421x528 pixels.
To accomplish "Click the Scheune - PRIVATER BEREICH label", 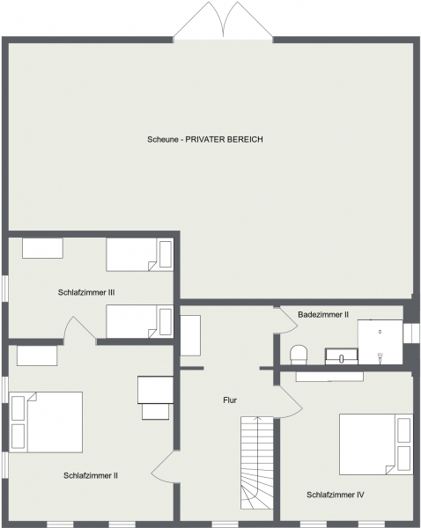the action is pyautogui.click(x=205, y=139).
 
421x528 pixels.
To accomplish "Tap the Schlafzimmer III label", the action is pyautogui.click(x=86, y=292).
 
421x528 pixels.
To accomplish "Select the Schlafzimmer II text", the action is pyautogui.click(x=91, y=475).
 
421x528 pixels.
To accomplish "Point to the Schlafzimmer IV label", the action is pyautogui.click(x=336, y=495).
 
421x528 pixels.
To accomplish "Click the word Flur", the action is pyautogui.click(x=230, y=400).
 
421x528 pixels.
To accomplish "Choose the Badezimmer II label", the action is pyautogui.click(x=323, y=314).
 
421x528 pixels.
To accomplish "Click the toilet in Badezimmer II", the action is pyautogui.click(x=299, y=355).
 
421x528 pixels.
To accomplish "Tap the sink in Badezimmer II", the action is pyautogui.click(x=341, y=356).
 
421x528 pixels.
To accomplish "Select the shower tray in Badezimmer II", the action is pyautogui.click(x=380, y=341).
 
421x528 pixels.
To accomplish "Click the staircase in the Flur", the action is pyautogui.click(x=257, y=463).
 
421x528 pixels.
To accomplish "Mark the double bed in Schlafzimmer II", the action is pyautogui.click(x=46, y=422).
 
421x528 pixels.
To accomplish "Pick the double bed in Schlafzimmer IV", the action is pyautogui.click(x=376, y=444).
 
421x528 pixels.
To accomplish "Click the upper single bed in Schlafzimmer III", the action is pyautogui.click(x=140, y=254).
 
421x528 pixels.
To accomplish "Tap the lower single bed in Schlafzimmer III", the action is pyautogui.click(x=140, y=321).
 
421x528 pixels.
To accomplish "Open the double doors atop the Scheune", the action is pyautogui.click(x=223, y=20).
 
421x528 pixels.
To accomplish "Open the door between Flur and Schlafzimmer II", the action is pyautogui.click(x=164, y=466).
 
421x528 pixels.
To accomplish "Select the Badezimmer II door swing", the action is pyautogui.click(x=286, y=320).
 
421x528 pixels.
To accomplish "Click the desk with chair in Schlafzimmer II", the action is pyautogui.click(x=155, y=398).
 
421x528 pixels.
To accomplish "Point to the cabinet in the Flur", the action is pyautogui.click(x=190, y=335).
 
